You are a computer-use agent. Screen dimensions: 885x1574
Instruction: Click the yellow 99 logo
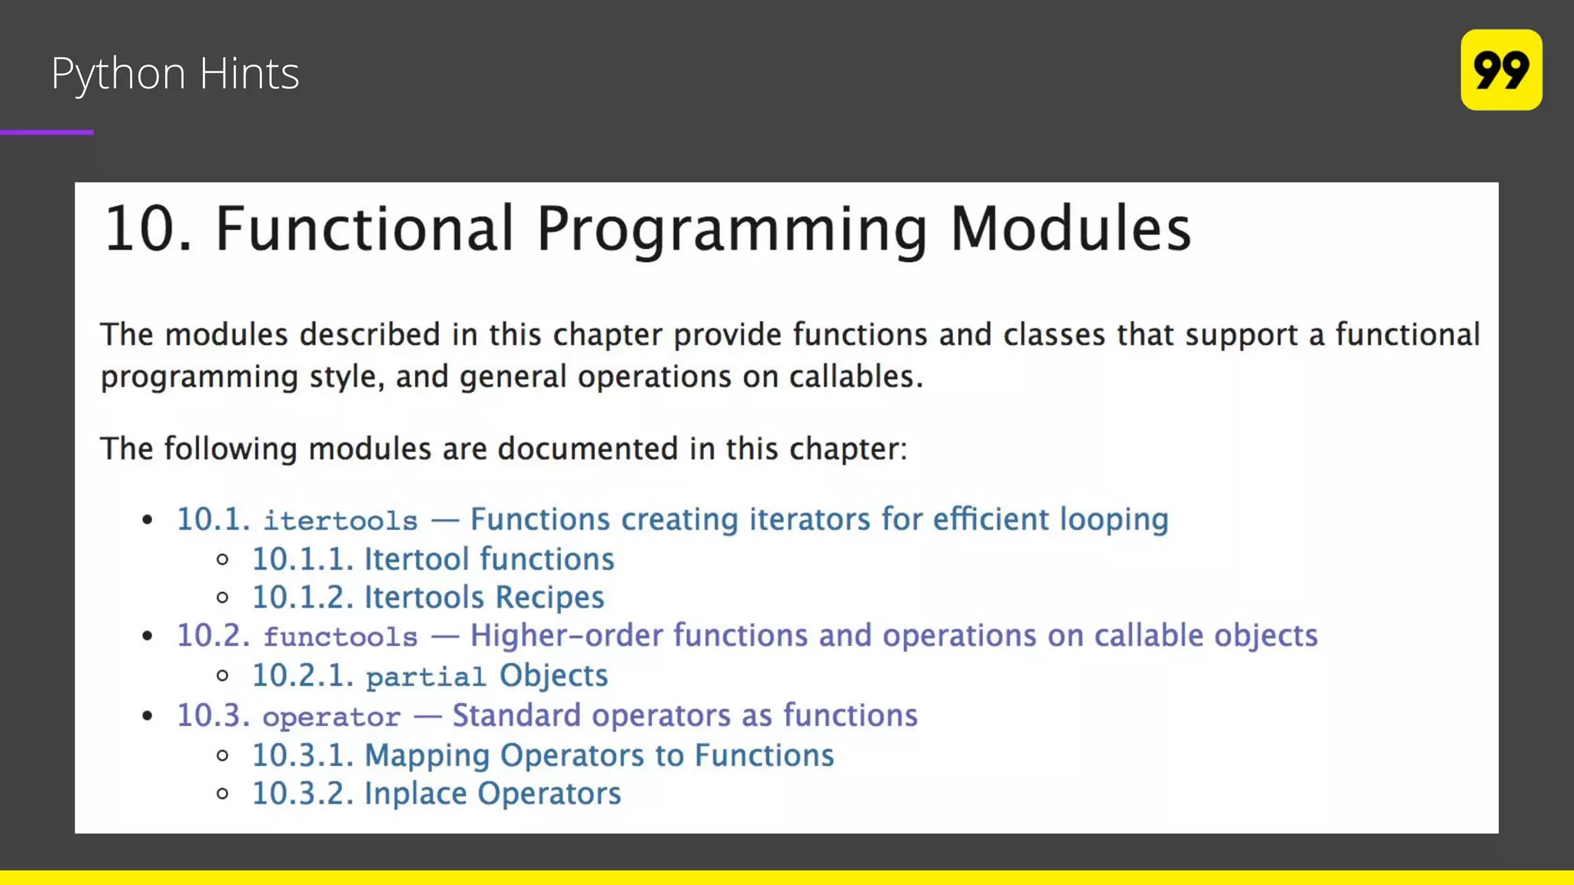tap(1500, 70)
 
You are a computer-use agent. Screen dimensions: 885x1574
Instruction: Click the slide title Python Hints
tap(174, 74)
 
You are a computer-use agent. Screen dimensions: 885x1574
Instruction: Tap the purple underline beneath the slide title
tap(47, 132)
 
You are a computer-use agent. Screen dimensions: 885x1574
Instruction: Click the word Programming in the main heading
tap(732, 229)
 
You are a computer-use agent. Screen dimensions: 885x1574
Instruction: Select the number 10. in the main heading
tap(148, 229)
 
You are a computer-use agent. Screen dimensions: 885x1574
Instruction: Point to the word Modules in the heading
tap(1070, 229)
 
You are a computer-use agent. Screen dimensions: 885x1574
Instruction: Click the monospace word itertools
tap(340, 521)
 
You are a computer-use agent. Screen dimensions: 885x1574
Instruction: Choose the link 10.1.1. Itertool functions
tap(433, 559)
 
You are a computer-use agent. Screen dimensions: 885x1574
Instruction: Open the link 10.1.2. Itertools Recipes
tap(428, 598)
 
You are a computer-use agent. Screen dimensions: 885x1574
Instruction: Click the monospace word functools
tap(340, 637)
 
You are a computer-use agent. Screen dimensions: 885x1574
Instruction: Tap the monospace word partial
tap(425, 677)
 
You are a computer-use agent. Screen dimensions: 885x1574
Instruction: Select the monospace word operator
tap(331, 717)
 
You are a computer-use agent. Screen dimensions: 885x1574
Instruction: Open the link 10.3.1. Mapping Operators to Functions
tap(543, 755)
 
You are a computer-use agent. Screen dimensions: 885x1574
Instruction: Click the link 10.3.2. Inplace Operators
tap(436, 794)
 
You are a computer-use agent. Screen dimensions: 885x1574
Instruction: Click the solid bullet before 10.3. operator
tap(148, 716)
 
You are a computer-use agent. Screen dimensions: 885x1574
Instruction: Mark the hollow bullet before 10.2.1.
tap(223, 676)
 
